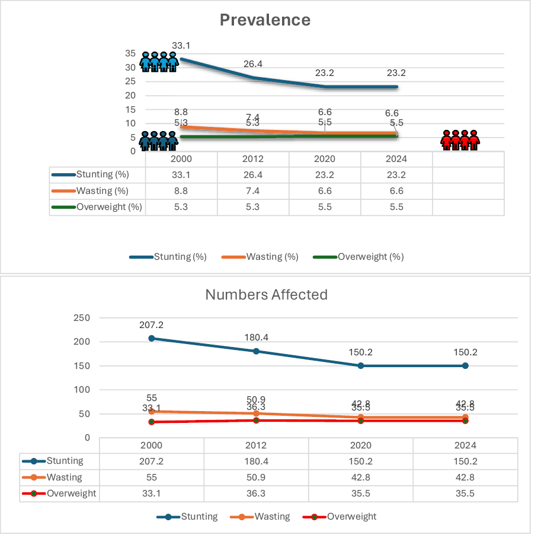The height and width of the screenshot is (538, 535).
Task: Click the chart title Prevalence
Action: pos(265,20)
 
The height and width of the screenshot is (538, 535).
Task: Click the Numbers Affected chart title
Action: pos(266,294)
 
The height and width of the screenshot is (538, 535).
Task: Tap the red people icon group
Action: pos(460,139)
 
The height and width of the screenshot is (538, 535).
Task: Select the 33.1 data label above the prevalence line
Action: pos(180,45)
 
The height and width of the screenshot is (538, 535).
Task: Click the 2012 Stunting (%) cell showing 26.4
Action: pos(252,175)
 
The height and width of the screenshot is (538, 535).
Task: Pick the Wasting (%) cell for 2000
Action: pos(181,191)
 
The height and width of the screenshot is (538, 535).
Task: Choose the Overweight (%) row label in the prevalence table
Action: pos(102,208)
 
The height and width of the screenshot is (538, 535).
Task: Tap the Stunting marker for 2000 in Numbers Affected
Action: pos(152,338)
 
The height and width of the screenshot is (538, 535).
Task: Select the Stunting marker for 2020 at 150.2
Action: pos(361,365)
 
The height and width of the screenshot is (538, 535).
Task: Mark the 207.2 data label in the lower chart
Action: pos(152,325)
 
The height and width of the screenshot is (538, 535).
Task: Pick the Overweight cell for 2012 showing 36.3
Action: pos(256,494)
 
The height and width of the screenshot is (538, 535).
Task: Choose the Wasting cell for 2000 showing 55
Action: pos(152,477)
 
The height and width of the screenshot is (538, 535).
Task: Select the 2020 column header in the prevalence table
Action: pos(325,159)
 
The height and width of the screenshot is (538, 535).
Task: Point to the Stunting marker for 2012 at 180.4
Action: pos(256,351)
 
